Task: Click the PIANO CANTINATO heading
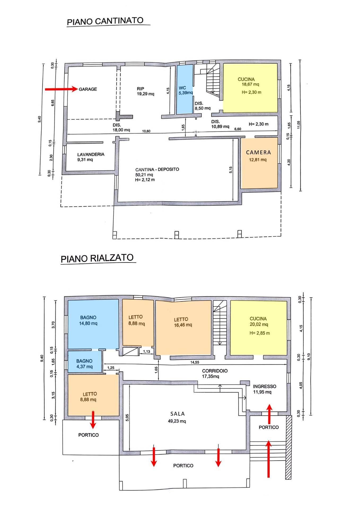tap(105, 21)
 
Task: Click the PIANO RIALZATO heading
tap(97, 258)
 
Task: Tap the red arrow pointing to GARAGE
tap(61, 89)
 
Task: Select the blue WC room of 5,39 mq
tap(185, 90)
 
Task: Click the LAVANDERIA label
tap(91, 154)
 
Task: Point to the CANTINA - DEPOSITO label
tap(157, 169)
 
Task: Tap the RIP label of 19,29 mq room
tap(141, 89)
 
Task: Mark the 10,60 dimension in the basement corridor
tap(146, 131)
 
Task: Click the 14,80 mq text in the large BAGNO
tap(88, 323)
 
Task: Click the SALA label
tap(178, 414)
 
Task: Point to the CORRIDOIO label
tap(215, 371)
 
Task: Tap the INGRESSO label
tap(264, 387)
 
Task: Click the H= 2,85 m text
tap(260, 333)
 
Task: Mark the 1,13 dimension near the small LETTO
tap(147, 352)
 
